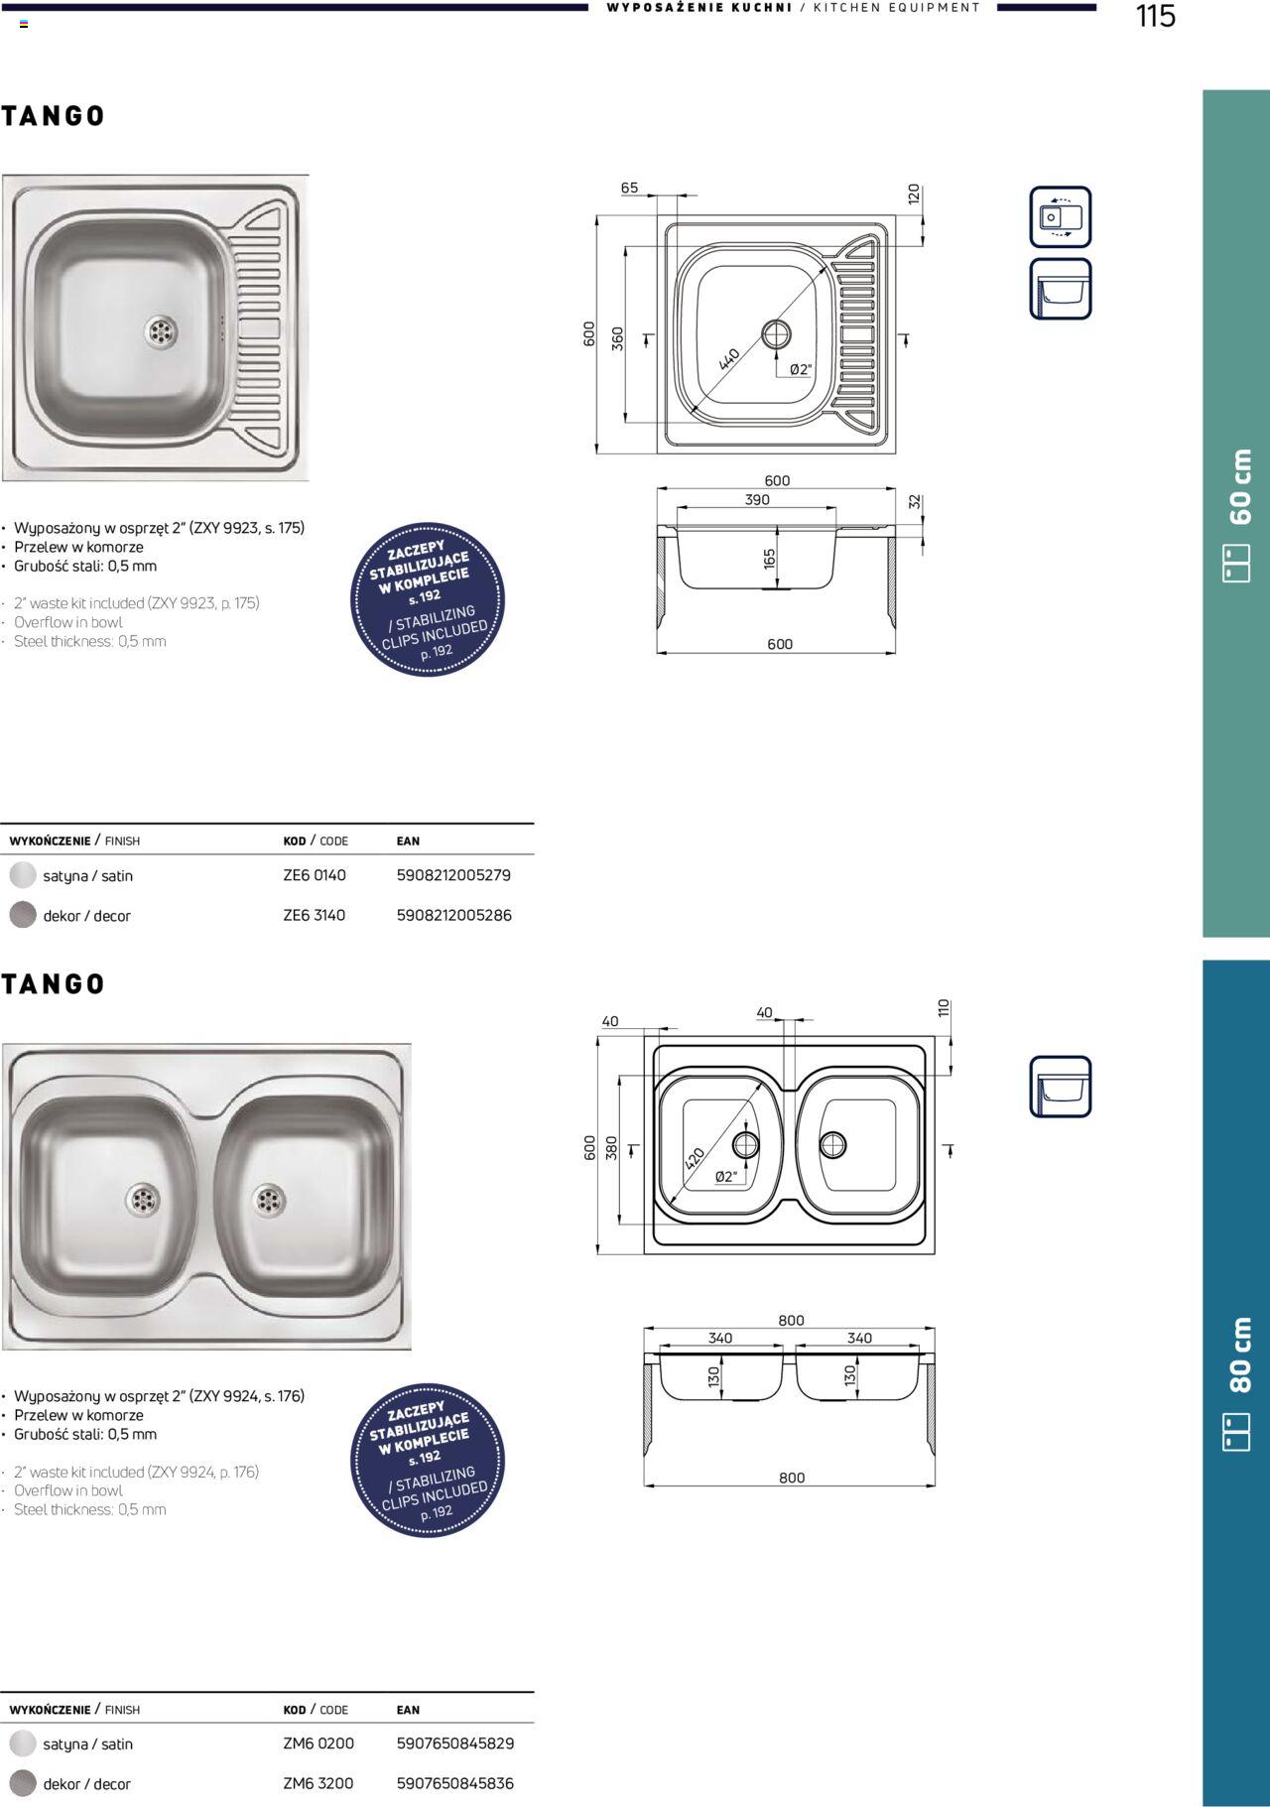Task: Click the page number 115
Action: point(1155,17)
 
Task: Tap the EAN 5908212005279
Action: point(453,875)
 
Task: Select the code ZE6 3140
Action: point(315,915)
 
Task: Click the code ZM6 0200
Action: point(318,1743)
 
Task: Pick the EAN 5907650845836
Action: point(454,1783)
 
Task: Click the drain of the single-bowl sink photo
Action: point(161,331)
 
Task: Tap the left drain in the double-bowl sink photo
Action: point(143,1200)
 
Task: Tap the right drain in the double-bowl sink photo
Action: point(268,1201)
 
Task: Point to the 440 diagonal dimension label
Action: point(729,358)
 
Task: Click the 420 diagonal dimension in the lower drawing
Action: point(695,1158)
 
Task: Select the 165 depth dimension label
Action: point(769,560)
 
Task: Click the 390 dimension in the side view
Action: point(757,500)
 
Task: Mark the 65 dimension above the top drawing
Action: point(629,188)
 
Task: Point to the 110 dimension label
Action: point(944,1008)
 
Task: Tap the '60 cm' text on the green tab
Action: point(1239,487)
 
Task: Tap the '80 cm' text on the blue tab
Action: point(1239,1355)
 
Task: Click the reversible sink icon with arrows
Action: point(1060,217)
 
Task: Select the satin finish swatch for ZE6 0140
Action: point(23,875)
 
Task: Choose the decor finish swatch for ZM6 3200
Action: point(23,1783)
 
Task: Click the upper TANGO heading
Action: point(54,116)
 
